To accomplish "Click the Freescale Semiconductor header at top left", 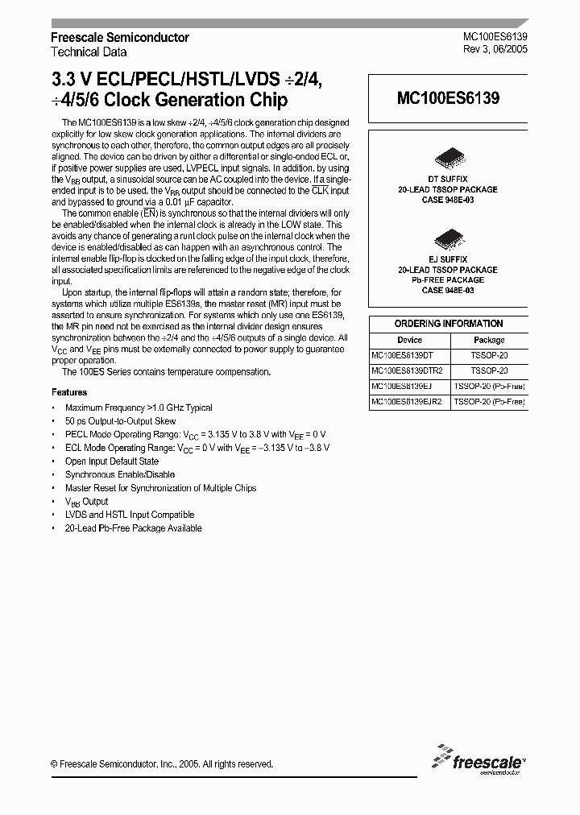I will [120, 38].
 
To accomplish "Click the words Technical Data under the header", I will [89, 52].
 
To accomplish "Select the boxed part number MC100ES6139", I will [448, 98].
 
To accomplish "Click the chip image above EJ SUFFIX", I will [448, 238].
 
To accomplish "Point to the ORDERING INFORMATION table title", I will [449, 324].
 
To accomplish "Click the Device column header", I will [409, 340].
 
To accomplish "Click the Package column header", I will [489, 340].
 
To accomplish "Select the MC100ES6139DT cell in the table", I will [403, 355].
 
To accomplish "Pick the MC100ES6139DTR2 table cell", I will [407, 370].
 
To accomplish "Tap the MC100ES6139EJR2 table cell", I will [407, 401].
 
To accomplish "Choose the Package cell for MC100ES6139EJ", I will [489, 386].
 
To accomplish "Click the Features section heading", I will [69, 392].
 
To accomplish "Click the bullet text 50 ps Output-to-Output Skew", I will [121, 421].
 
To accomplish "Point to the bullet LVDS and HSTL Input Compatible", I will [130, 515].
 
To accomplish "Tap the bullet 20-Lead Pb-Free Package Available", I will [134, 528].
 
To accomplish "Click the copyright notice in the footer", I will [162, 764].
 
